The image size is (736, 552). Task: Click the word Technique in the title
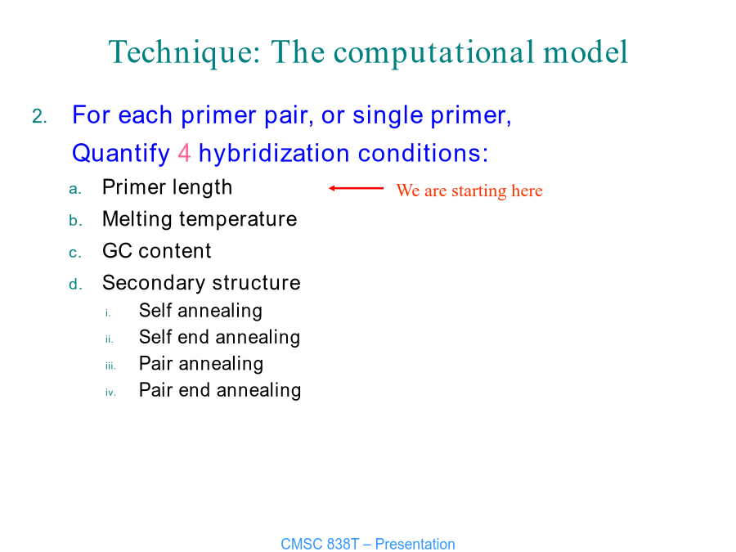coord(185,52)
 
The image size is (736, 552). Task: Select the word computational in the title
coord(434,52)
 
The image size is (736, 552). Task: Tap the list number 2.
coord(39,116)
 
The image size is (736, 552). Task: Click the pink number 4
coord(185,153)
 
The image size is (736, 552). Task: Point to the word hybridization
coord(274,154)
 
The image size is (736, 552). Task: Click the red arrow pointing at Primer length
coord(357,188)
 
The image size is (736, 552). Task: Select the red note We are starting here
coord(469,191)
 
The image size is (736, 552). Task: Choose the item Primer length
coord(167,188)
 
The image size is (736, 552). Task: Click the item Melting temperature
coord(200,220)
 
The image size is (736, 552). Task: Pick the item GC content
coord(157,251)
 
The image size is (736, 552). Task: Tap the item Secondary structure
coord(201,283)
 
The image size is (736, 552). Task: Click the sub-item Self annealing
coord(200,311)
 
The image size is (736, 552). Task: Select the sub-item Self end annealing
coord(220,338)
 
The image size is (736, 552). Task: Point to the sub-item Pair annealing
coord(201,364)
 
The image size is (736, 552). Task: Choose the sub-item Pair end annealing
coord(220,391)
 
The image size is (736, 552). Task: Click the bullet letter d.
coord(75,284)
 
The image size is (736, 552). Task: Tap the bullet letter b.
coord(75,220)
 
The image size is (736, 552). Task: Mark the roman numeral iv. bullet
coord(110,393)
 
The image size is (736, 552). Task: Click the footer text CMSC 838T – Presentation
coord(368,544)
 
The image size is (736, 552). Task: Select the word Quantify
coord(121,154)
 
